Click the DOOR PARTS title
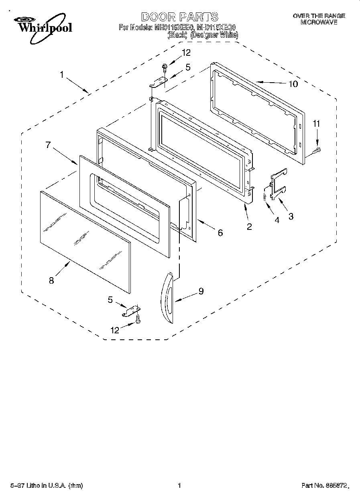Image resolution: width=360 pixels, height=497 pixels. coord(180,17)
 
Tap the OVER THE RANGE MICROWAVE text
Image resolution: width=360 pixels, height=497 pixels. coord(319,19)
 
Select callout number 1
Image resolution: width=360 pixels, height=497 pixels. coord(62,74)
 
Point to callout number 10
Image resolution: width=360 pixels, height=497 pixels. coord(293,84)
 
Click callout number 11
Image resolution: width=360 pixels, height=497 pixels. coord(317,124)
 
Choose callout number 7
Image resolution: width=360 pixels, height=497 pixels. coord(48,145)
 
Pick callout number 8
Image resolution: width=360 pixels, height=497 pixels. coord(51,281)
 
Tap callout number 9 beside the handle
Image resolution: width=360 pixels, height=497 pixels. coord(201,291)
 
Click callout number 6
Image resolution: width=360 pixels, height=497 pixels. coord(220,232)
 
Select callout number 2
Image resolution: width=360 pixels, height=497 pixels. coord(249,227)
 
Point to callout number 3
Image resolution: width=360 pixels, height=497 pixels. coord(291,217)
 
